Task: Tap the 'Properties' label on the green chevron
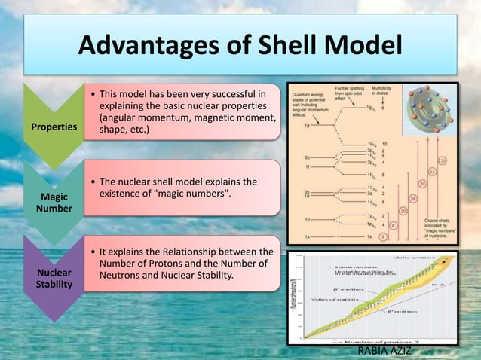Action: coord(54,127)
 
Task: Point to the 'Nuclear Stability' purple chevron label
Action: coord(54,278)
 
